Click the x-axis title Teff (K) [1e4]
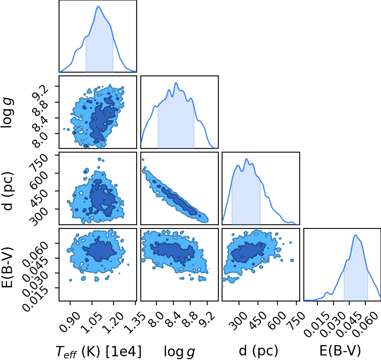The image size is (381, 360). (99, 351)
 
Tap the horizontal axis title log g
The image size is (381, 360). (179, 352)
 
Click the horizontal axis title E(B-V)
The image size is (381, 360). (340, 351)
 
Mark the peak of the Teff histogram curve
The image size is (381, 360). (98, 6)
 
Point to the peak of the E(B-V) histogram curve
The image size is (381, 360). (355, 235)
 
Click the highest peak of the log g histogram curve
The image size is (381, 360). (176, 83)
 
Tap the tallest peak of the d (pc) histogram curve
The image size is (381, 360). (246, 159)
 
